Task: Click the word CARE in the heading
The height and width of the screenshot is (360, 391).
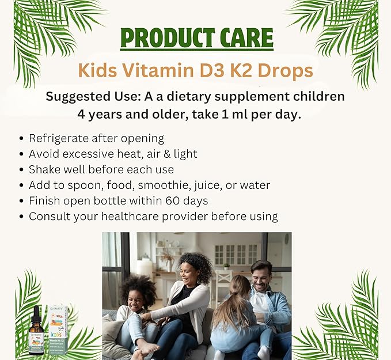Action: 243,39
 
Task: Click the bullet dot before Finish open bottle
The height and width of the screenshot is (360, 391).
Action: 22,202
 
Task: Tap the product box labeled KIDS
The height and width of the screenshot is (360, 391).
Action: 58,329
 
